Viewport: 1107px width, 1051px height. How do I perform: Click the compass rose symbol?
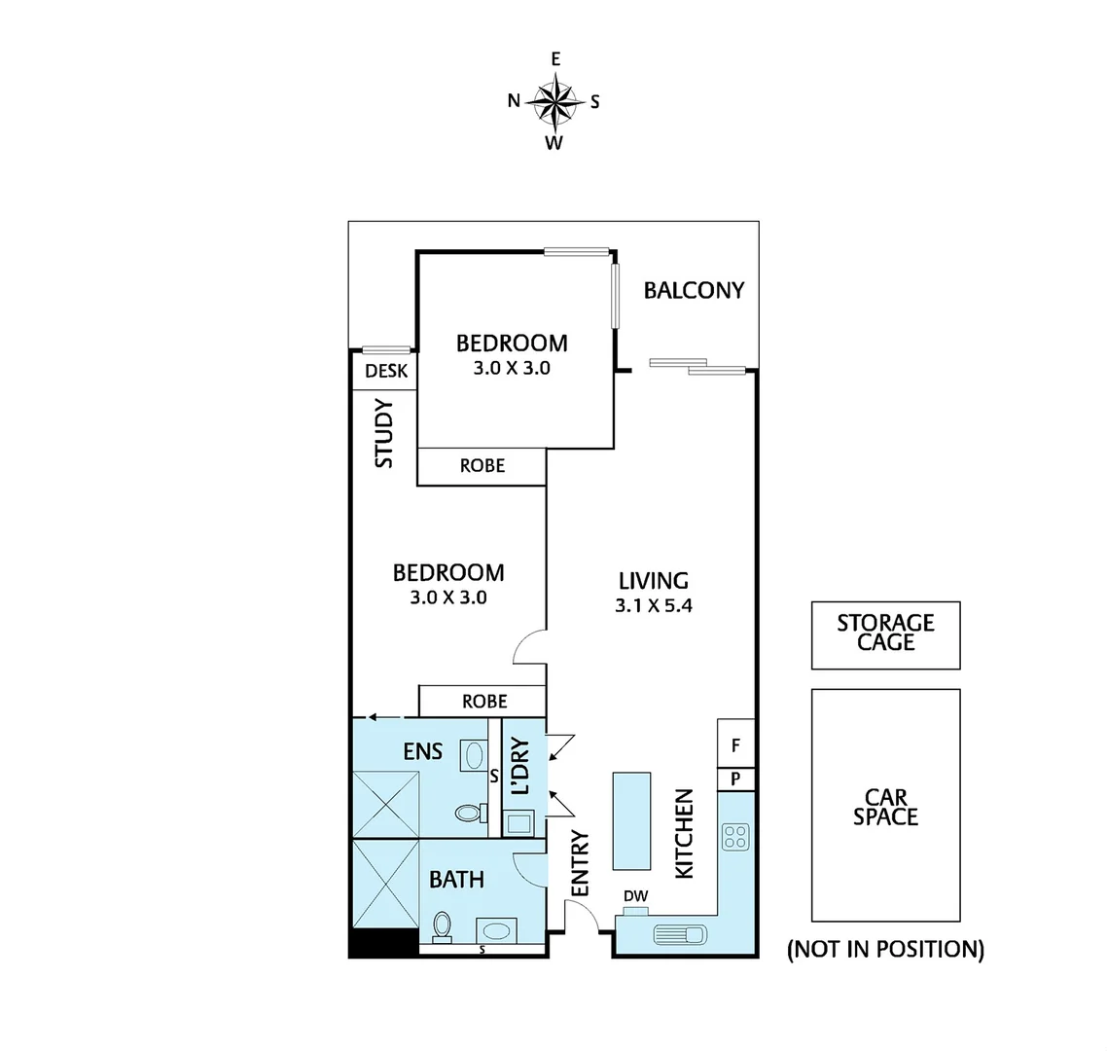point(554,101)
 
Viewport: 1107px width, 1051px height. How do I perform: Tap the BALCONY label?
point(694,290)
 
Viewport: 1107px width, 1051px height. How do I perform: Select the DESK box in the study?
point(384,371)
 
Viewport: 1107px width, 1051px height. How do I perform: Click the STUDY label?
point(384,433)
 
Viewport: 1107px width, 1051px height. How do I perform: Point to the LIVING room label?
point(653,581)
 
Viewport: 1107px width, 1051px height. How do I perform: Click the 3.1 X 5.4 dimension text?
point(653,605)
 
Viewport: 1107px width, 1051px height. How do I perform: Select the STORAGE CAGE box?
point(885,634)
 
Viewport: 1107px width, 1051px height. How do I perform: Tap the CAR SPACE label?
point(885,808)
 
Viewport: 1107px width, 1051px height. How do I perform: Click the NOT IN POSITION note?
point(885,949)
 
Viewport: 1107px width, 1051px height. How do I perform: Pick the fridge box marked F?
point(735,745)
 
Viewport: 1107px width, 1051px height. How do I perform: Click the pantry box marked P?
point(735,779)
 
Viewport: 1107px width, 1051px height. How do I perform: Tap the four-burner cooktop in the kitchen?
point(734,836)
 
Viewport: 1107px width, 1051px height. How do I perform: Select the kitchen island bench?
point(630,820)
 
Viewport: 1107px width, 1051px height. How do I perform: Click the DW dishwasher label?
point(636,896)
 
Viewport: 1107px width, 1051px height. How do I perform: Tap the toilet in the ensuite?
point(467,812)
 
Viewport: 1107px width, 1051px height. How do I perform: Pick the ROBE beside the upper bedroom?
point(482,466)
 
